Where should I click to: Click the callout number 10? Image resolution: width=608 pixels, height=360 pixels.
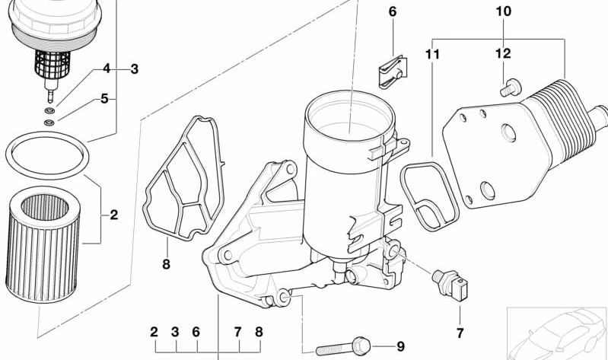tap(504, 11)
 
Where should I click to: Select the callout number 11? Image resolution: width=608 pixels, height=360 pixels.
tap(433, 54)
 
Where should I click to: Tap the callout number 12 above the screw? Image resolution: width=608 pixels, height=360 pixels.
tap(503, 54)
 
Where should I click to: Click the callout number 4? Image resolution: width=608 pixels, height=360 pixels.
tap(107, 69)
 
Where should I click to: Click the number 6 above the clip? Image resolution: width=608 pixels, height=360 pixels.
tap(393, 11)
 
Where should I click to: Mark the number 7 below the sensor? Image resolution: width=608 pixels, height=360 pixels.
tap(460, 333)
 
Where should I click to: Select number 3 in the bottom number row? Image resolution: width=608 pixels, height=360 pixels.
tap(174, 332)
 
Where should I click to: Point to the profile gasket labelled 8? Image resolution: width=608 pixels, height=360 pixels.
tap(184, 183)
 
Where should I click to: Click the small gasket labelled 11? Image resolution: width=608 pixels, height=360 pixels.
tap(429, 193)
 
